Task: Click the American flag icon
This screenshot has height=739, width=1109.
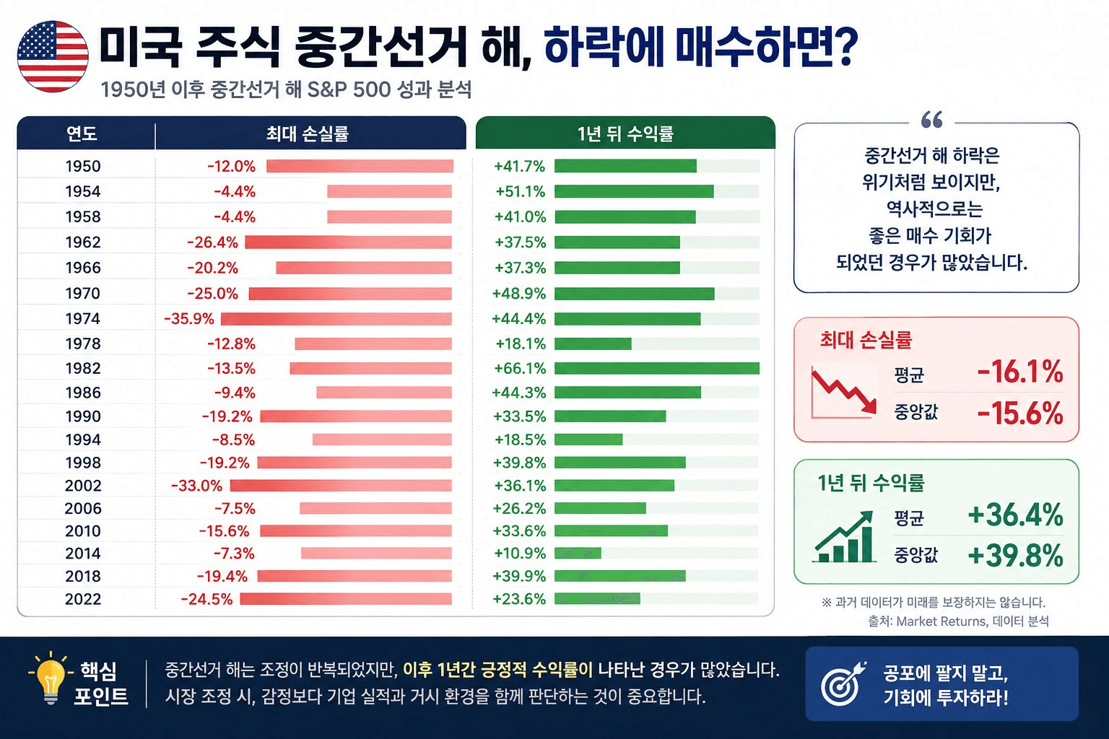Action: tap(53, 56)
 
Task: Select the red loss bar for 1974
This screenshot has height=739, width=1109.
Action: tap(336, 319)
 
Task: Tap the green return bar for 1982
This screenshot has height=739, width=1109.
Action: tap(657, 368)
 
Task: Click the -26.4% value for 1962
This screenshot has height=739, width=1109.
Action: tap(212, 242)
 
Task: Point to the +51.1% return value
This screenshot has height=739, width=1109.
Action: tap(521, 191)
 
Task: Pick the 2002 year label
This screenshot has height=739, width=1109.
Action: tap(83, 486)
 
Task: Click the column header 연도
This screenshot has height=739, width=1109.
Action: tap(82, 133)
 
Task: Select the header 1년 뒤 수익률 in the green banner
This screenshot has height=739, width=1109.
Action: tap(625, 134)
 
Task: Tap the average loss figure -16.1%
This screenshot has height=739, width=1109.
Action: tap(1020, 372)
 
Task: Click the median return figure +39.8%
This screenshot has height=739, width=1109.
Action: tap(1015, 556)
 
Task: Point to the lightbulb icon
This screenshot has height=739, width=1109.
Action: tap(50, 678)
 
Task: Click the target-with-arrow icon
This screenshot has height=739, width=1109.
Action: tap(843, 683)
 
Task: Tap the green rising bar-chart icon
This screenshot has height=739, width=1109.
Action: tap(844, 537)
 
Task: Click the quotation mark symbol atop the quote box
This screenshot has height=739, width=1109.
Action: tap(932, 120)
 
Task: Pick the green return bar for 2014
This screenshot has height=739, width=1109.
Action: tap(578, 553)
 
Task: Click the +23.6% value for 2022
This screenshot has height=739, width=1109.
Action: tap(519, 600)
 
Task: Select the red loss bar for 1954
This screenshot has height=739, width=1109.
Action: tap(390, 191)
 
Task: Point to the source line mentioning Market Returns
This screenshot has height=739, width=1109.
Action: tap(959, 621)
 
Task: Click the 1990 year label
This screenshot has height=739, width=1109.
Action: tap(83, 416)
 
